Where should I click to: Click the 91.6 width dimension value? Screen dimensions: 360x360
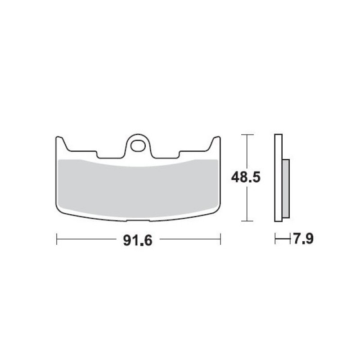pos(138,241)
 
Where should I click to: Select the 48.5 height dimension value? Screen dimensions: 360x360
pos(246,177)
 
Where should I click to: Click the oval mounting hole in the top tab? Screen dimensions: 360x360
pos(138,145)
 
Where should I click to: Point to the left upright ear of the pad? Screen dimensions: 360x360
pos(61,144)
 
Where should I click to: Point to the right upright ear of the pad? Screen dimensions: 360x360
pos(216,144)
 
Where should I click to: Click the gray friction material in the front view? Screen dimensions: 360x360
pos(138,188)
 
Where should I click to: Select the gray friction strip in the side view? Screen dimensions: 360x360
pos(286,189)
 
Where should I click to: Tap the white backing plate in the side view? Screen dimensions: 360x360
pos(278,178)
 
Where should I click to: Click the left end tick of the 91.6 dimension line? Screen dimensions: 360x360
pos(57,239)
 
